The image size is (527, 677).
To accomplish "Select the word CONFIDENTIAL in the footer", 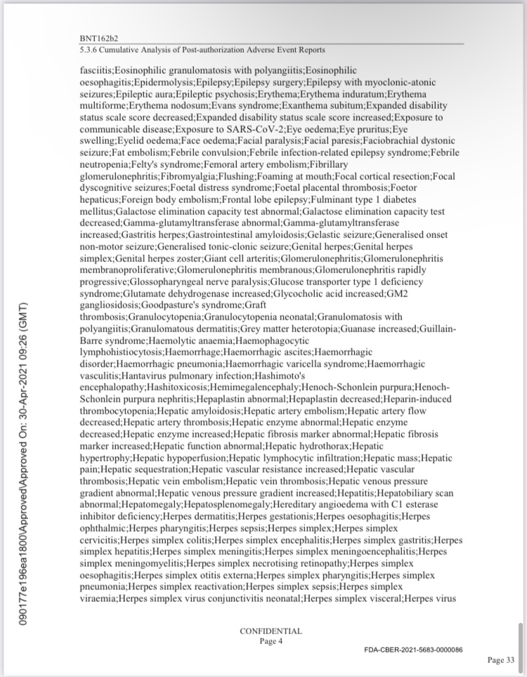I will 271,631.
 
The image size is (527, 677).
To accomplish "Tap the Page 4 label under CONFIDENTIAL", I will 271,640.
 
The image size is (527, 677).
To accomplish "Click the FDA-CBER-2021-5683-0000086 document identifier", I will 413,650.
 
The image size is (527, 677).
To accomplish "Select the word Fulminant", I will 334,198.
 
